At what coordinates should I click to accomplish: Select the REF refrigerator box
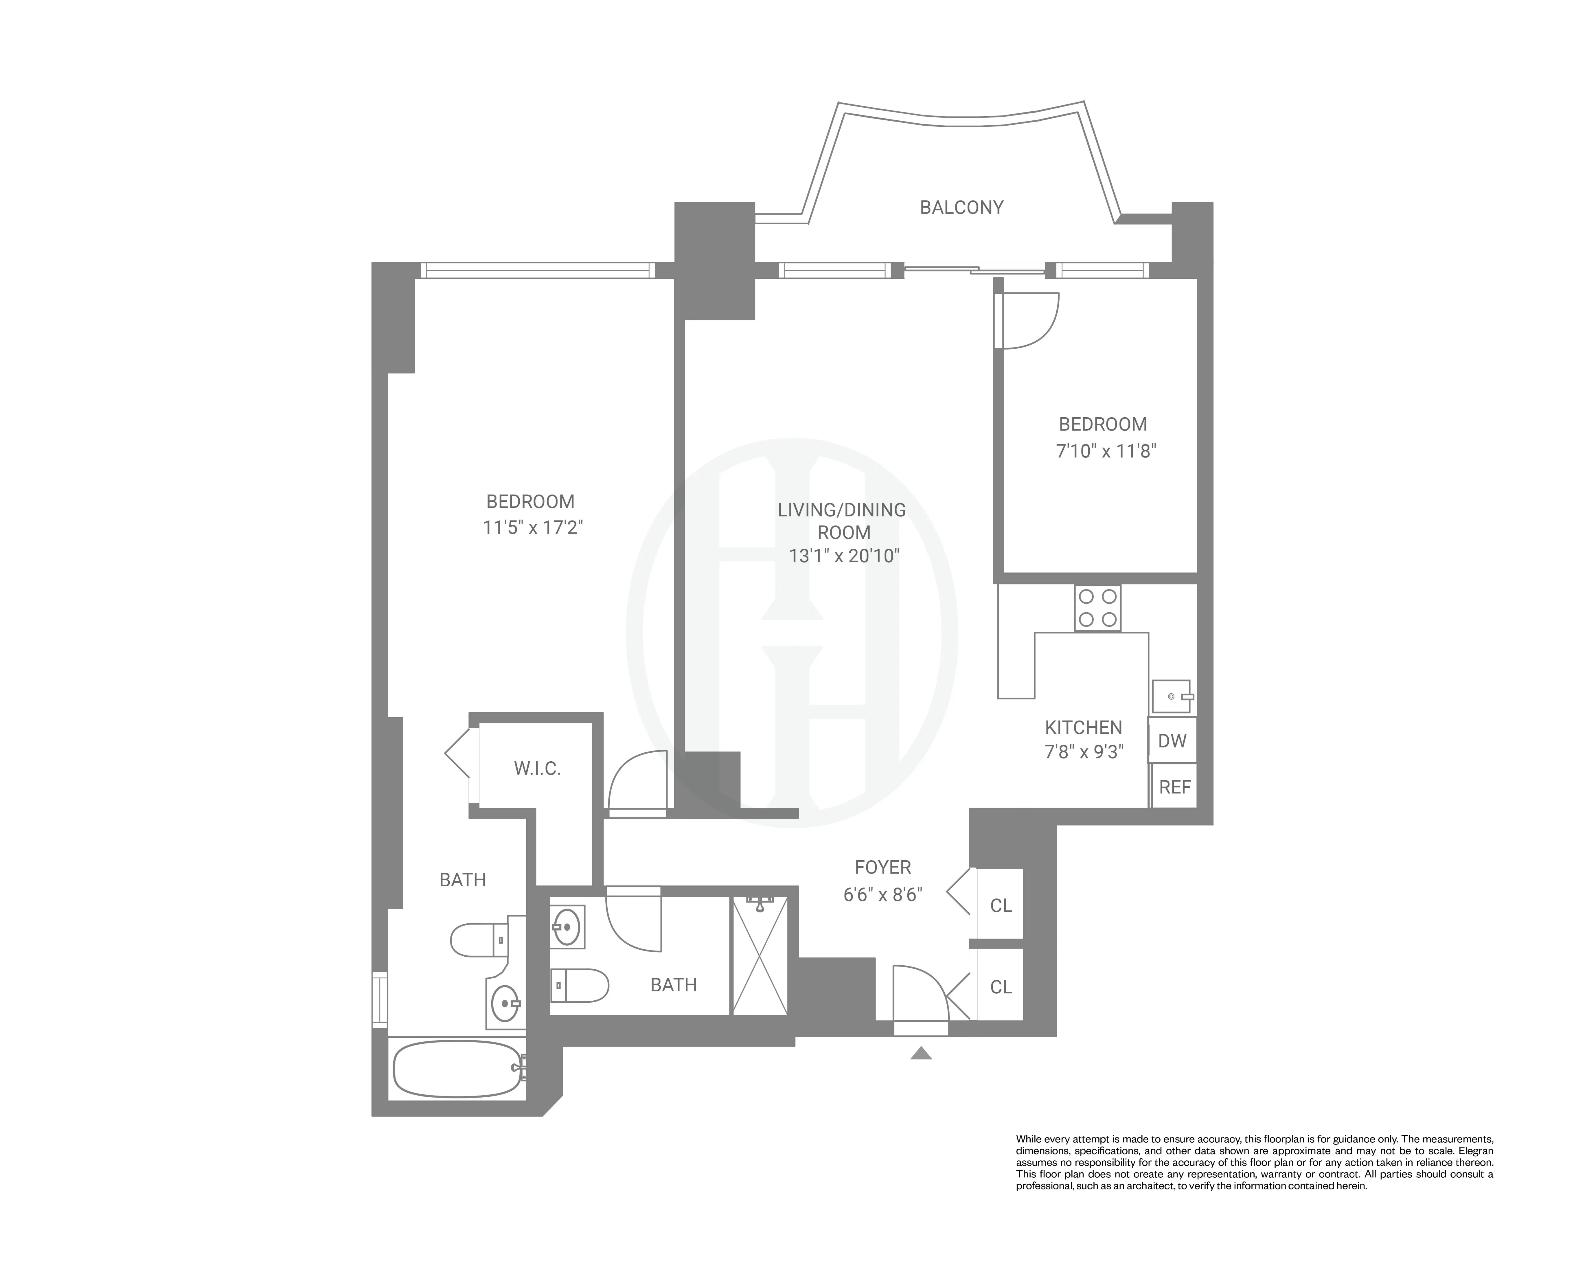click(x=1174, y=787)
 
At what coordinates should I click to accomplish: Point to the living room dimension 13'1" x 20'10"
click(x=844, y=556)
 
